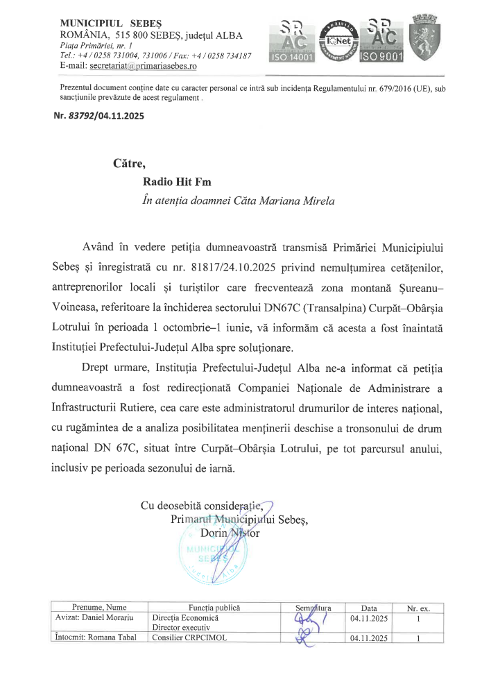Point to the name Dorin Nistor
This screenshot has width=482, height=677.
(230, 533)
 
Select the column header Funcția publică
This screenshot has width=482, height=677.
(209, 607)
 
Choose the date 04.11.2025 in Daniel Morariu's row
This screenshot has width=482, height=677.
(371, 617)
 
